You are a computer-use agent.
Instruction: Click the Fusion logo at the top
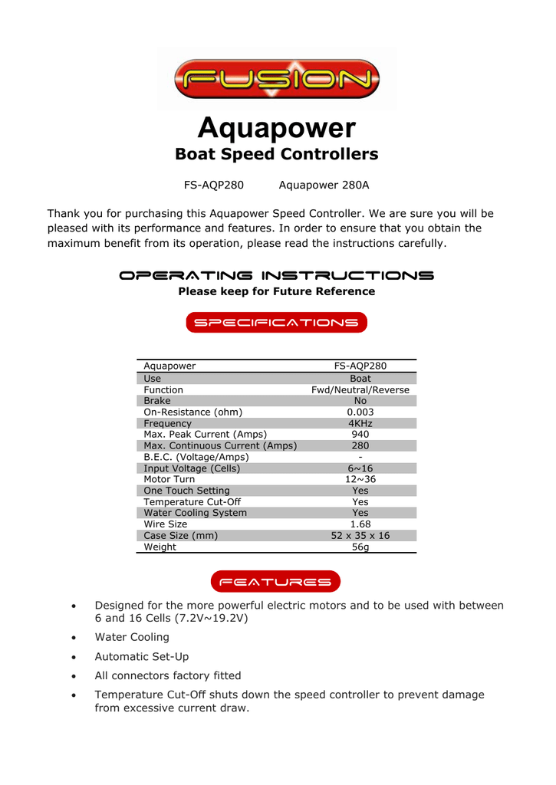tap(277, 78)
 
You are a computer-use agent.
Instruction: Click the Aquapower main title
tap(277, 127)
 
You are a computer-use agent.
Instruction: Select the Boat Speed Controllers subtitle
tap(277, 154)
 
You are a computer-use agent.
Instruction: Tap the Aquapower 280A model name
tap(324, 185)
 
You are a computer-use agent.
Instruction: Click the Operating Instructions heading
tap(277, 275)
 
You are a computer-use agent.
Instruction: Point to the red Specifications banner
tap(277, 323)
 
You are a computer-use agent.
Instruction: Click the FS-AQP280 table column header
tap(360, 366)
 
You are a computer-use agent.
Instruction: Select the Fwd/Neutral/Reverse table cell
tap(360, 389)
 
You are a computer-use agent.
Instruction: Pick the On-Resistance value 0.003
tap(360, 412)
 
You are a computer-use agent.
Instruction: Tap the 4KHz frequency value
tap(360, 423)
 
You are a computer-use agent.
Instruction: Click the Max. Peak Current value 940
tap(360, 434)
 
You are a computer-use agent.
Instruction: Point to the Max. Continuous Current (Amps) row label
tap(220, 445)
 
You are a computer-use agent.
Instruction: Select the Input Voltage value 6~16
tap(360, 468)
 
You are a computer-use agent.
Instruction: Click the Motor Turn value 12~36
tap(360, 479)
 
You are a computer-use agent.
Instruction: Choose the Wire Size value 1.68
tap(360, 524)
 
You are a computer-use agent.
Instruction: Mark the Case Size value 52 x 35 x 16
tap(360, 536)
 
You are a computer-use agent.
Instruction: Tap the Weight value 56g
tap(360, 547)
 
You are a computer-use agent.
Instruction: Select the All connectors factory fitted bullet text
tap(167, 676)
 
